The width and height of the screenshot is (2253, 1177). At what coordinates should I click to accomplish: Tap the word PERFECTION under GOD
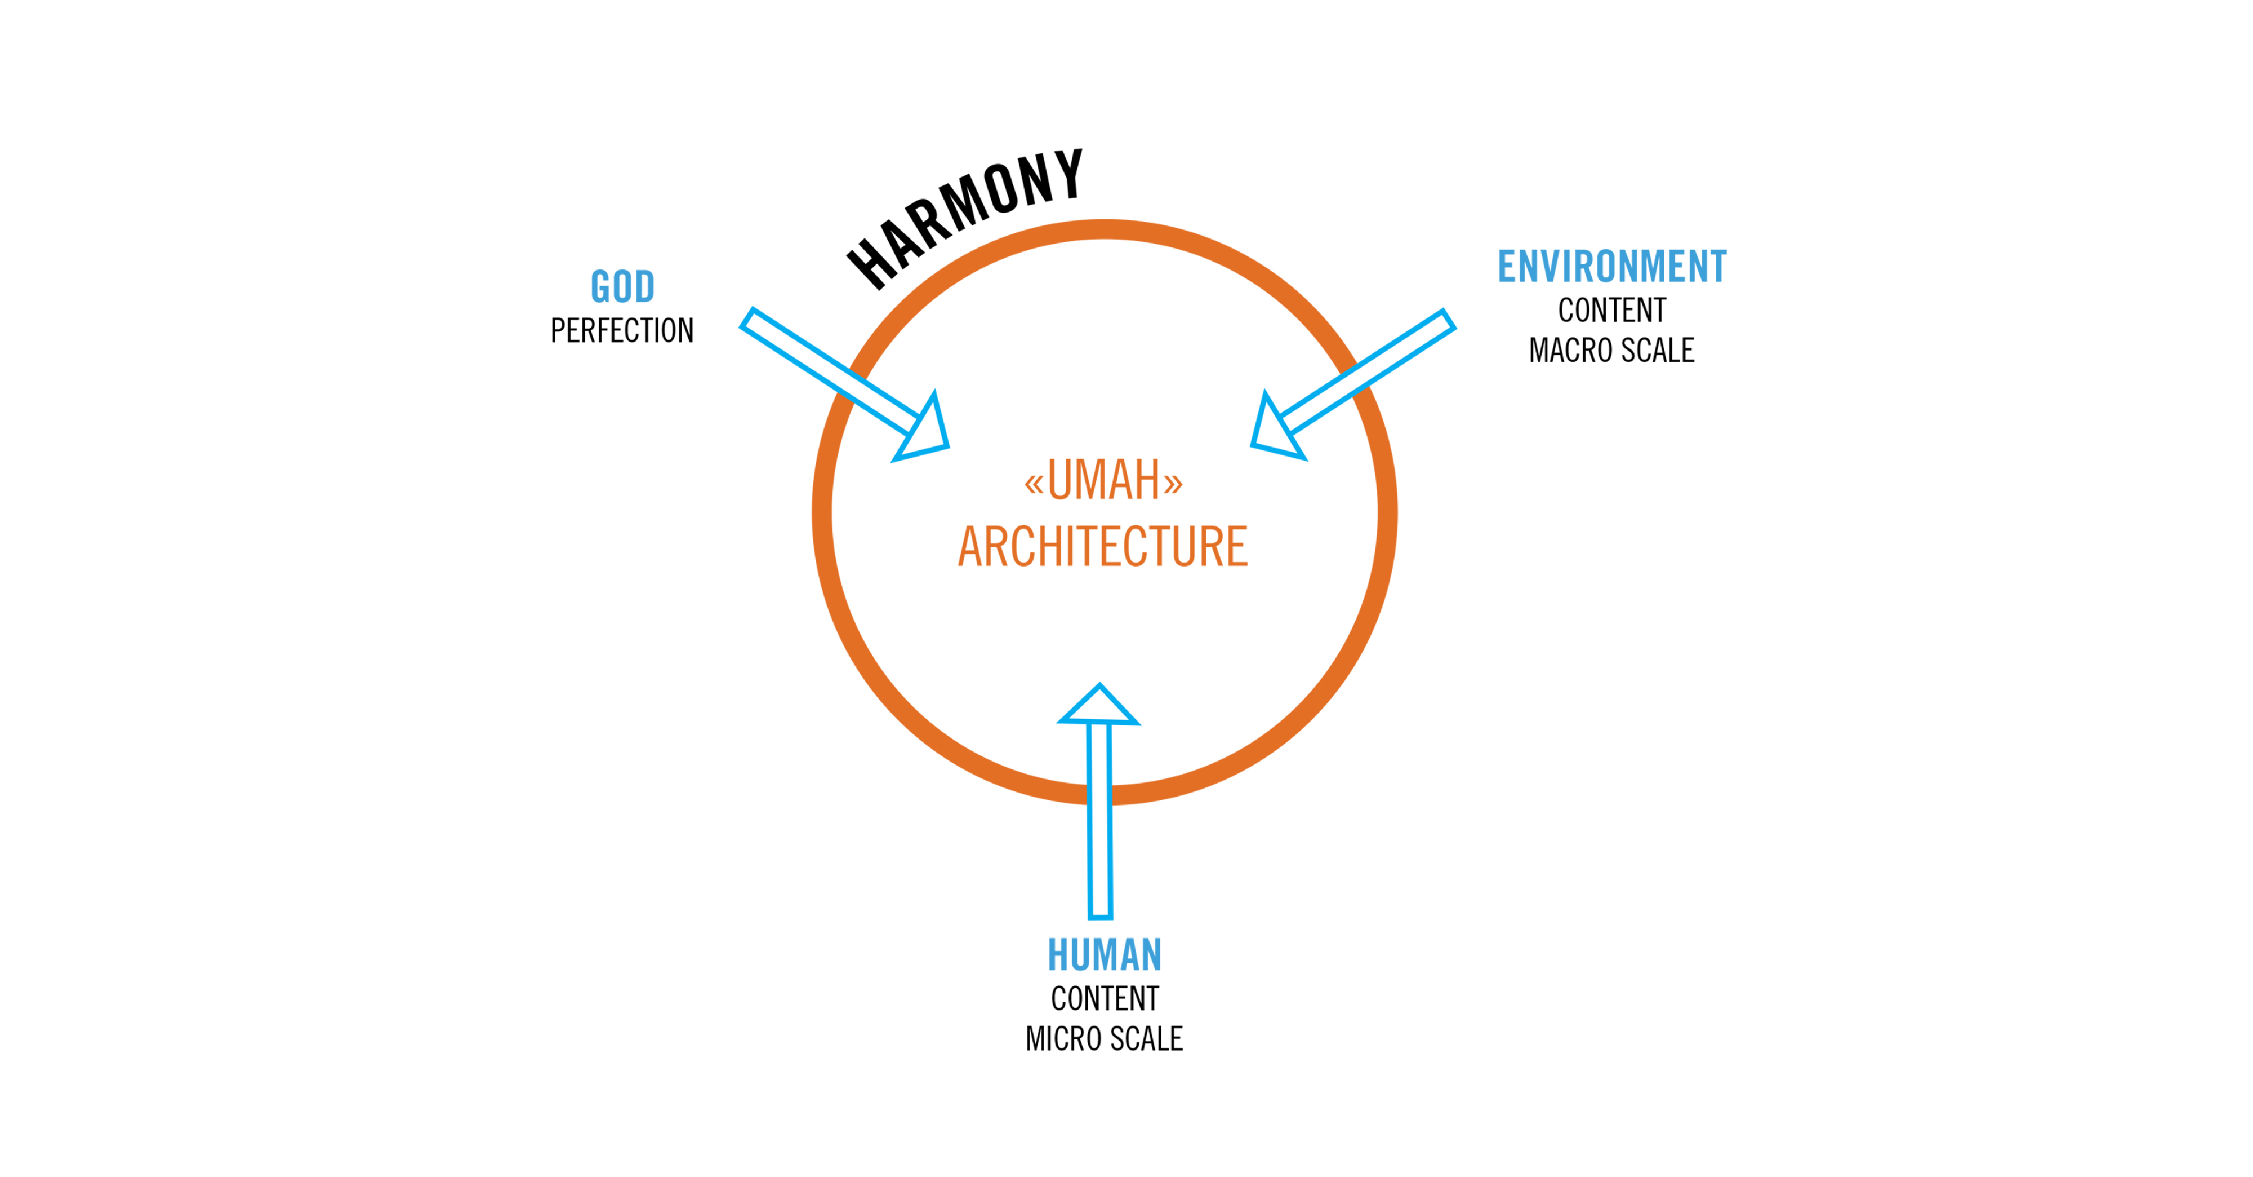(x=622, y=331)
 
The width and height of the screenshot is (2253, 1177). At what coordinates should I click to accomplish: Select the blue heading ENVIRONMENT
(x=1612, y=266)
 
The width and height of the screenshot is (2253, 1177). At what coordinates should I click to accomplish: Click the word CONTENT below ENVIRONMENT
(x=1612, y=310)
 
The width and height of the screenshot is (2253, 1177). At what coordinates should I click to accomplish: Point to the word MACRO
(x=1571, y=350)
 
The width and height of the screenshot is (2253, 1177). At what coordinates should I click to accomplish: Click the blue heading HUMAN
(x=1105, y=955)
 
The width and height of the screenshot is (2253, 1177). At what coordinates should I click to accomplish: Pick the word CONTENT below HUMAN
(x=1105, y=998)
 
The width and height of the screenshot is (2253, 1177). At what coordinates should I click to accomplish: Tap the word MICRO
(x=1063, y=1039)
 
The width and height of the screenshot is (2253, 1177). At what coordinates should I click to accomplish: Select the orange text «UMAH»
(x=1104, y=480)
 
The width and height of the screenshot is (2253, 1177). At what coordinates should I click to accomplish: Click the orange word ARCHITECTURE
(x=1103, y=546)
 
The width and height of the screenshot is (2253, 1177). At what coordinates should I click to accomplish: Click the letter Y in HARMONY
(x=1069, y=173)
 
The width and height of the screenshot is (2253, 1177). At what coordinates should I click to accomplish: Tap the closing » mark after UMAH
(x=1173, y=483)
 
